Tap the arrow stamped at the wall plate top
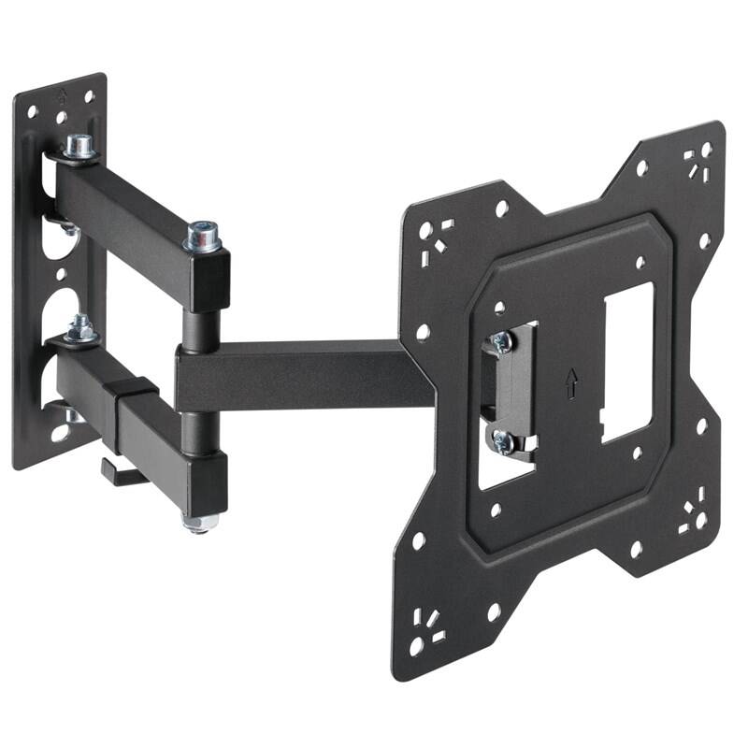63,94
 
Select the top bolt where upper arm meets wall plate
80,147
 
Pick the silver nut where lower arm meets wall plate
80,328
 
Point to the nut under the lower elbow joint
199,522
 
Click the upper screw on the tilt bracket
502,342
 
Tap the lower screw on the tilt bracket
503,442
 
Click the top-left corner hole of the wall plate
31,111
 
